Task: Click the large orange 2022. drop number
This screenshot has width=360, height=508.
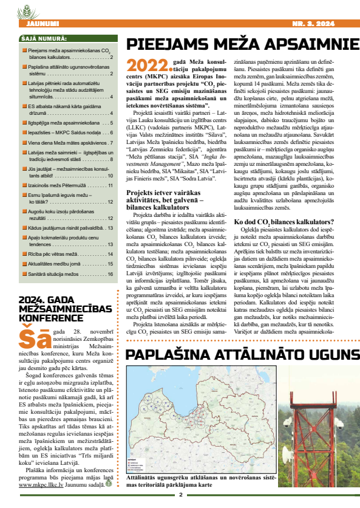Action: [143, 65]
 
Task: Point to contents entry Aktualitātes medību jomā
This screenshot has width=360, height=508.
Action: [61, 264]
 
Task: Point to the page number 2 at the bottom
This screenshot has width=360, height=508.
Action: [180, 493]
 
